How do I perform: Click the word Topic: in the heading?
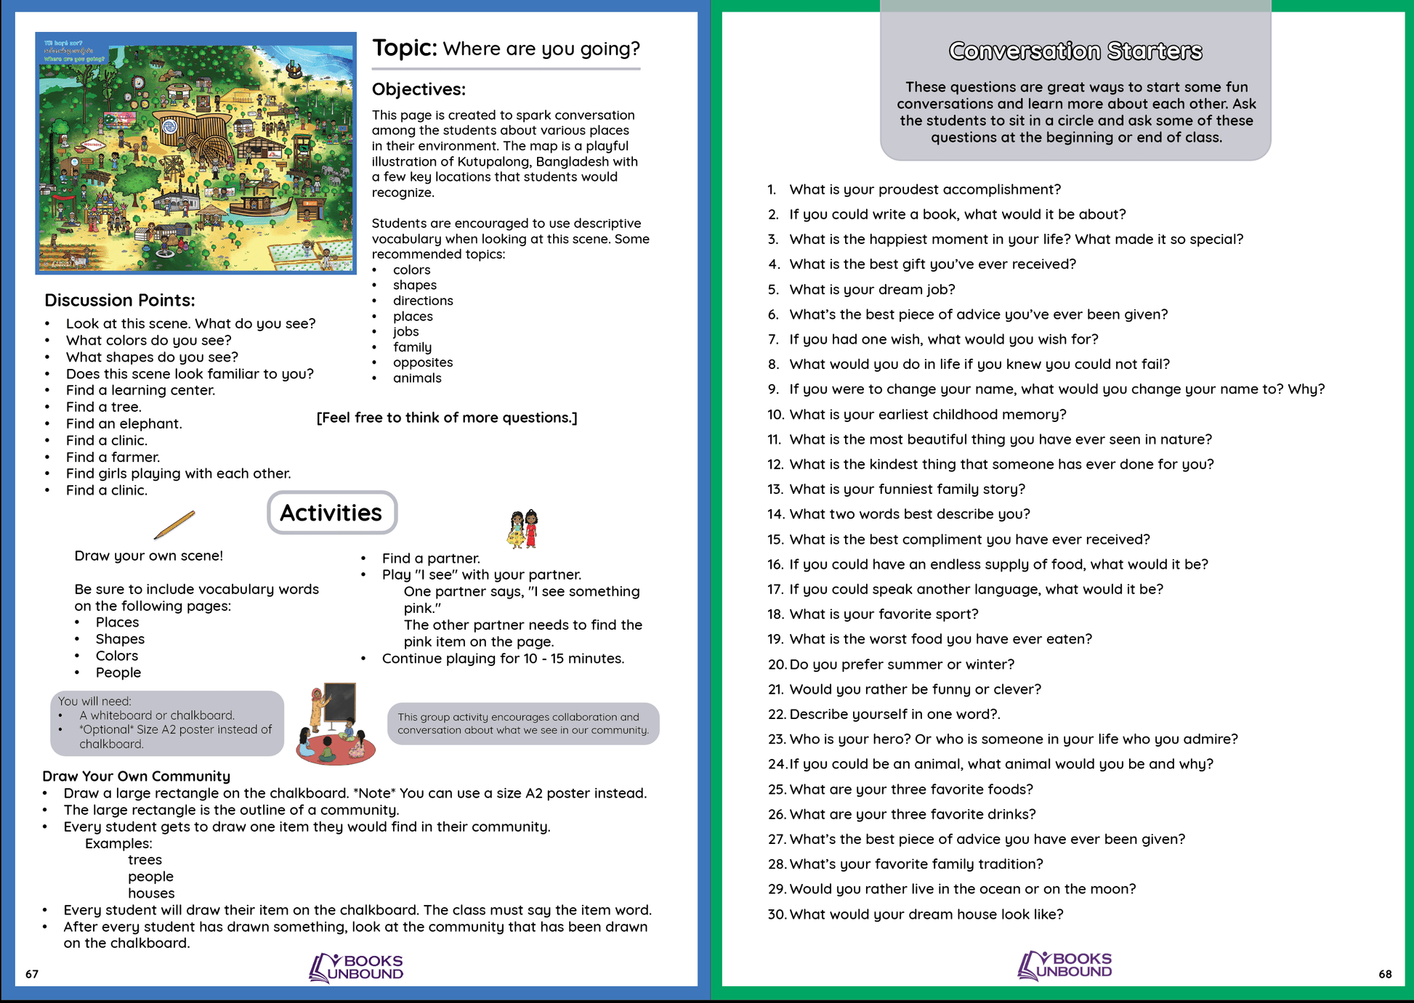(x=404, y=48)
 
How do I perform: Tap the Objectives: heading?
(x=419, y=89)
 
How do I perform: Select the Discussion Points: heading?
(x=119, y=300)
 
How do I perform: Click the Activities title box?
(x=331, y=513)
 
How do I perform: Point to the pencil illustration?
(x=174, y=525)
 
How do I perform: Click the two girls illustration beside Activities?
(x=523, y=529)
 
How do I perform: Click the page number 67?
(x=32, y=974)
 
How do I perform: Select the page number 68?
(x=1385, y=974)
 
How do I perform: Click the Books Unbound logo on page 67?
(x=356, y=967)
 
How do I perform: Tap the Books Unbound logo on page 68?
(x=1064, y=965)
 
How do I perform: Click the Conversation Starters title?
(x=1075, y=51)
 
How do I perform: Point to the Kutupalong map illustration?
(x=195, y=153)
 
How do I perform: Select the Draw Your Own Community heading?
(x=136, y=776)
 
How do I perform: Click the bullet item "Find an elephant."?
(x=124, y=423)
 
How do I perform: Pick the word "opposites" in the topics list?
(x=423, y=362)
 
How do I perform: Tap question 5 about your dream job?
(x=872, y=289)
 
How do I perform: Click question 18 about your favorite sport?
(x=884, y=614)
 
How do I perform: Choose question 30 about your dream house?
(x=926, y=914)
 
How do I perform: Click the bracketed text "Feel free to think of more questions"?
(x=447, y=418)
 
